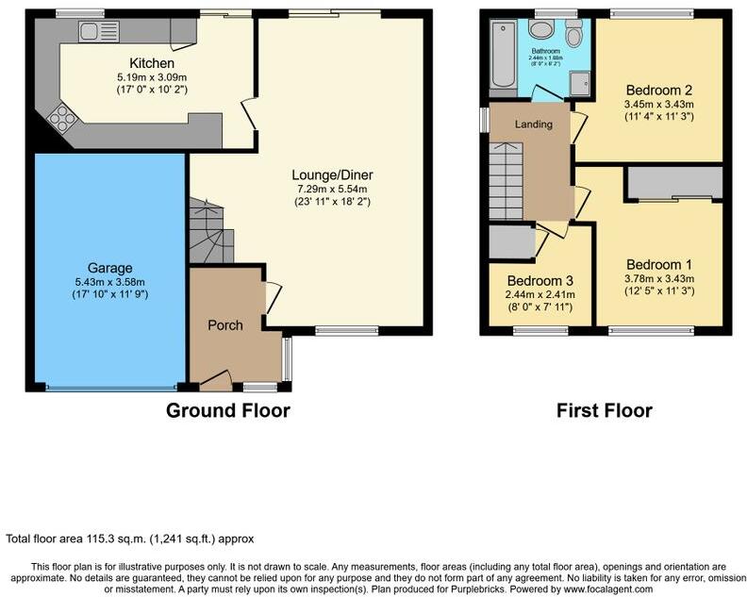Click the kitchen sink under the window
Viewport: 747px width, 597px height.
click(91, 32)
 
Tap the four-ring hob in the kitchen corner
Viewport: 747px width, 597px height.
click(62, 119)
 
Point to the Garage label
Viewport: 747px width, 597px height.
click(111, 267)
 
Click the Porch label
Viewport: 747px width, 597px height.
click(224, 325)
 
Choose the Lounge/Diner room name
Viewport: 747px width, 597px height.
click(331, 174)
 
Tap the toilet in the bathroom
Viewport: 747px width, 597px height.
click(574, 34)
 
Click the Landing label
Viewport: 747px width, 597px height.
click(533, 124)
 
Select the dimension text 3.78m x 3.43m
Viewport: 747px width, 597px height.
click(660, 278)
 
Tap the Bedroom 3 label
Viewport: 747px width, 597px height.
click(539, 281)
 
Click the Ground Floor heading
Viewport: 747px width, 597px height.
click(227, 410)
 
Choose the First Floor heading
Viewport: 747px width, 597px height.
click(604, 410)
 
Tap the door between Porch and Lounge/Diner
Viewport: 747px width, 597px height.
click(271, 299)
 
